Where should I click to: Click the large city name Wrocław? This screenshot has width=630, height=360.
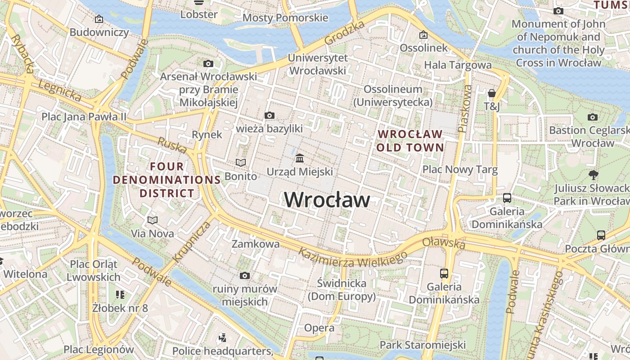click(327, 200)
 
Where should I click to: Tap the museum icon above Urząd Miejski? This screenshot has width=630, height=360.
click(300, 158)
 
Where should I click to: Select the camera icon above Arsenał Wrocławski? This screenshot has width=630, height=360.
click(208, 64)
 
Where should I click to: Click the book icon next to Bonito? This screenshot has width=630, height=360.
click(241, 162)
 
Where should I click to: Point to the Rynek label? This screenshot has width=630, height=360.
click(207, 135)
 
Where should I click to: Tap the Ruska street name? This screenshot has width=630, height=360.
click(172, 145)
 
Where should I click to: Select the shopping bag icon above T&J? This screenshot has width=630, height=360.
click(492, 93)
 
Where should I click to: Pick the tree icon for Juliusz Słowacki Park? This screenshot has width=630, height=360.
click(593, 175)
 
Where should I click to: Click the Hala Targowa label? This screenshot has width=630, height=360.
click(458, 65)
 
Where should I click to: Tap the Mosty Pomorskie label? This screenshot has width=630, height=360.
click(285, 18)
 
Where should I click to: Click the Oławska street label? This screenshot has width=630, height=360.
click(444, 243)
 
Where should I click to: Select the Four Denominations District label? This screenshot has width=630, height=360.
click(167, 180)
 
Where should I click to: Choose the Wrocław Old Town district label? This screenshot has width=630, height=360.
click(410, 140)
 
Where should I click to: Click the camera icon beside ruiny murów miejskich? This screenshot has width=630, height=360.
click(245, 275)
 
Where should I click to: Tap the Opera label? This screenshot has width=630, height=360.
click(319, 328)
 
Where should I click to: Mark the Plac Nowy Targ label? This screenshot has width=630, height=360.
click(460, 170)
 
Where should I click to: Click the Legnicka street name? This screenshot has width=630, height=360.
click(60, 91)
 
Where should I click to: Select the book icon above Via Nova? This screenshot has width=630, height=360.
click(153, 220)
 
